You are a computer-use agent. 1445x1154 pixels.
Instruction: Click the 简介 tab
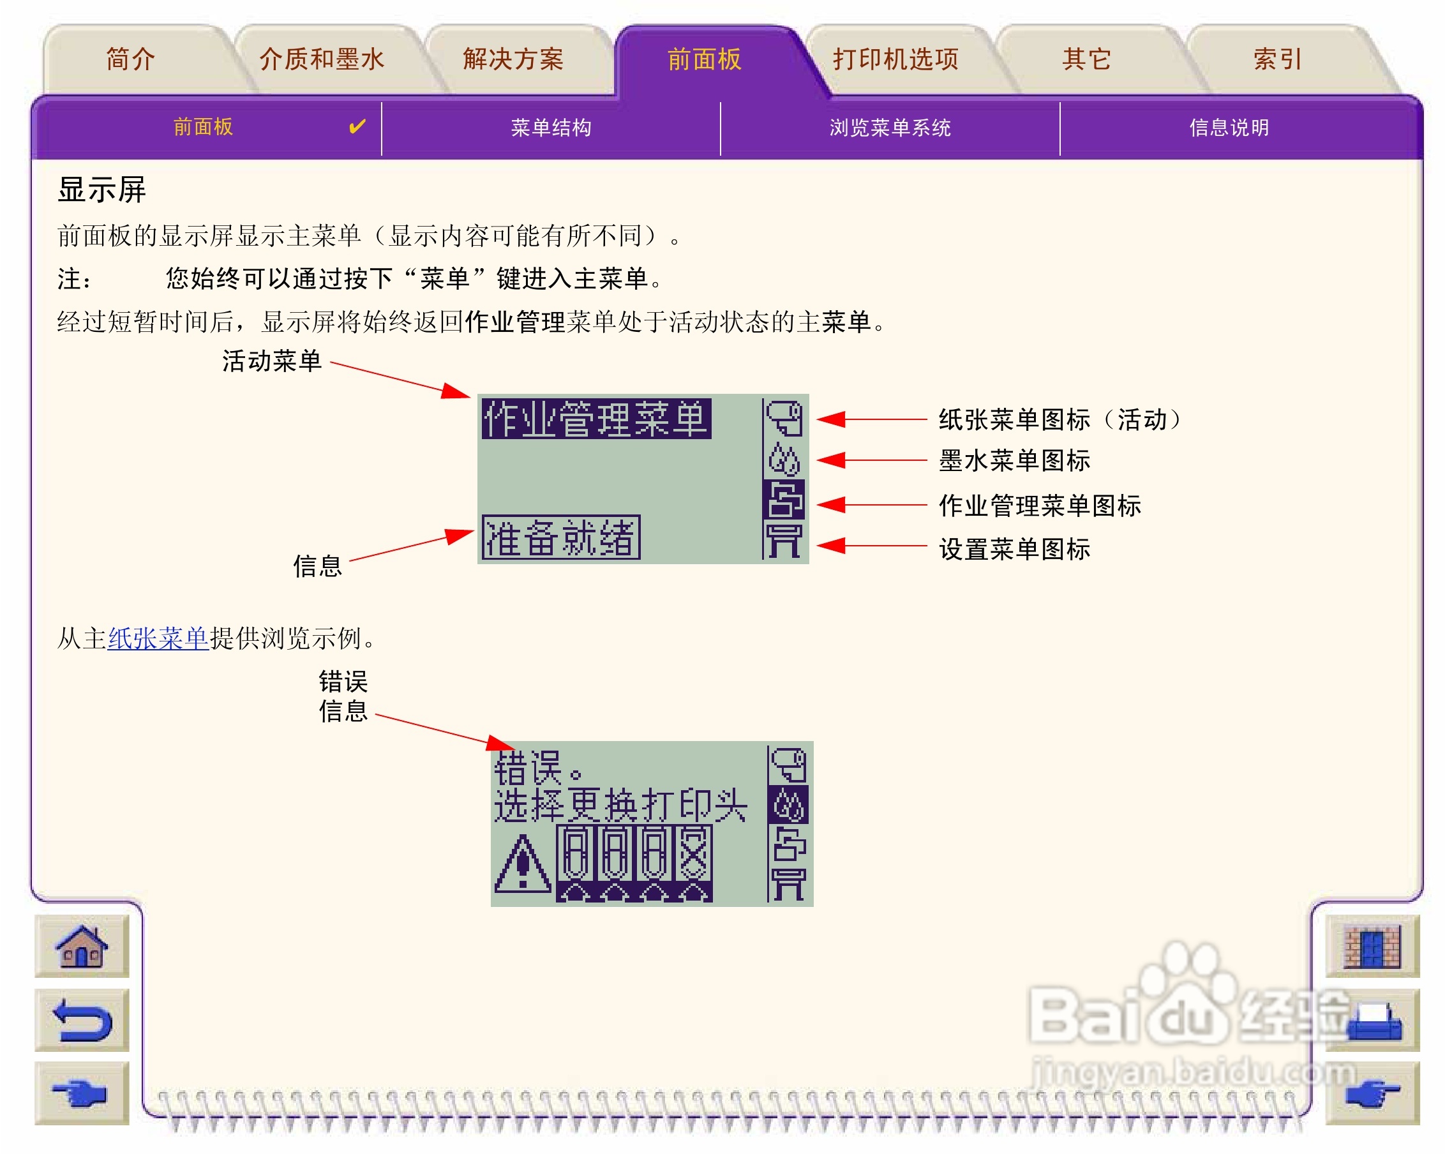point(131,59)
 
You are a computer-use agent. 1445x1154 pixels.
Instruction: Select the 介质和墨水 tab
point(322,59)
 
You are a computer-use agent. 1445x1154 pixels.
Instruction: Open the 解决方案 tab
point(513,59)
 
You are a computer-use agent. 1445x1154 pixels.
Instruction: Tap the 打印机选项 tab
point(895,59)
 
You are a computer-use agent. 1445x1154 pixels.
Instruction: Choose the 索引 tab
point(1277,59)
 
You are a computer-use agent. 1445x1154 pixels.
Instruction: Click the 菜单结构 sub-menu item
point(551,127)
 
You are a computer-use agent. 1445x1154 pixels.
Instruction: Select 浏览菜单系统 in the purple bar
point(890,127)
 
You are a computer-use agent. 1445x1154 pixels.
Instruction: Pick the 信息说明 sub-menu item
point(1229,127)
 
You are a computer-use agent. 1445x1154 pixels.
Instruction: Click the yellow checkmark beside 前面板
point(357,126)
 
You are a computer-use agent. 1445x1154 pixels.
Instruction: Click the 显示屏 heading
point(102,190)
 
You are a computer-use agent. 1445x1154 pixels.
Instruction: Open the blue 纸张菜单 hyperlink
point(158,638)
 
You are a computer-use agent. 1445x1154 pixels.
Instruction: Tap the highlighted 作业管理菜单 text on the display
point(596,419)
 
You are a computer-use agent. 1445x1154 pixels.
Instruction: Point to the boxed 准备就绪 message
point(561,537)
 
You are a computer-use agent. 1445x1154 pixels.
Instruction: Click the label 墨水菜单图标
point(1014,461)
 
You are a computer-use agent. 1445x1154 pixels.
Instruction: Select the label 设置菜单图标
point(1014,549)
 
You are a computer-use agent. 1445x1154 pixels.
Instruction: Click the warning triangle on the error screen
point(523,864)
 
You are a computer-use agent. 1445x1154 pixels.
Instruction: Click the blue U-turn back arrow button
point(82,1020)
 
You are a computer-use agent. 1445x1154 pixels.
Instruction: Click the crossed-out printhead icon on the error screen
point(694,853)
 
